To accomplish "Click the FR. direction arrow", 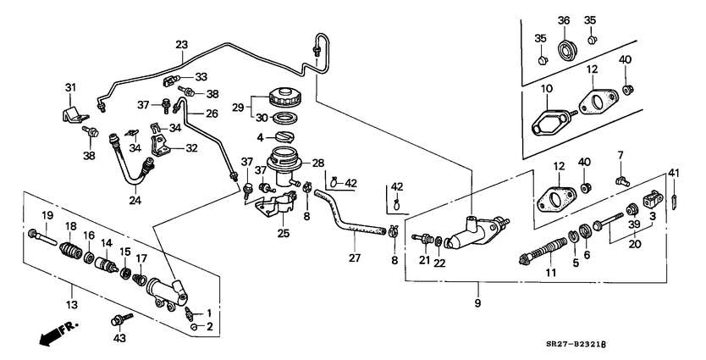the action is pos(58,333).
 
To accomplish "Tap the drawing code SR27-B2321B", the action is pos(576,345).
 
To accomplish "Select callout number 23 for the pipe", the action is pos(181,45).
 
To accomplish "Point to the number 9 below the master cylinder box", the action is pos(477,303).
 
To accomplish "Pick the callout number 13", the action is pos(72,305).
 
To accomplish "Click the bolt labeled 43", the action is pos(121,319).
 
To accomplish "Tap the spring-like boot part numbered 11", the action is pos(543,250).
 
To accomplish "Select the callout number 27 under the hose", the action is pos(355,258).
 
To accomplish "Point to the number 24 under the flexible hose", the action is pos(135,201).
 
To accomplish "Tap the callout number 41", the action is pos(674,173).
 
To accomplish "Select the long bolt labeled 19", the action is pos(42,237).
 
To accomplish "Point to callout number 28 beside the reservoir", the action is pos(318,163).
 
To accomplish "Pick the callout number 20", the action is pos(634,245).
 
